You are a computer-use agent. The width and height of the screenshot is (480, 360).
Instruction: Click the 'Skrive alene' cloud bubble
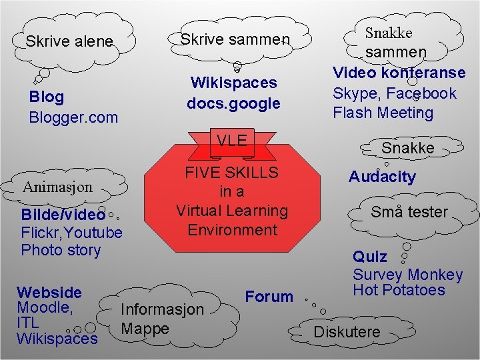69,41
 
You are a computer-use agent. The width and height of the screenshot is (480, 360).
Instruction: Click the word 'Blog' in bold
47,97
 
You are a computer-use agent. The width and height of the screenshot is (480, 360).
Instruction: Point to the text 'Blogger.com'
73,117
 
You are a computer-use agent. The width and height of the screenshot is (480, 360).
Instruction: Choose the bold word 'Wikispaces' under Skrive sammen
233,83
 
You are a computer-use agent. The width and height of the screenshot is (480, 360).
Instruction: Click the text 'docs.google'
233,103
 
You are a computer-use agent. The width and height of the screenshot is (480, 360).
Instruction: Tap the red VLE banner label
232,140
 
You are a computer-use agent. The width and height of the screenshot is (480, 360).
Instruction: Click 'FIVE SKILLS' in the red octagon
232,173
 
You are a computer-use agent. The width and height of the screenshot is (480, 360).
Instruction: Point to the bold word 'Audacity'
382,177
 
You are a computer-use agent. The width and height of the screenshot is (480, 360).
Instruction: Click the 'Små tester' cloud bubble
409,212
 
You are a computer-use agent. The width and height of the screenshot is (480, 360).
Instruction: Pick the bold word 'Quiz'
369,257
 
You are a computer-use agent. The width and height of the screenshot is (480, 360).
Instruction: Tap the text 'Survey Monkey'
407,274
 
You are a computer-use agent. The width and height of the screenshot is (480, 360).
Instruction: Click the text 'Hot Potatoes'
399,289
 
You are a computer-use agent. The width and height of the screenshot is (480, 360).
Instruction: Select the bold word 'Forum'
269,297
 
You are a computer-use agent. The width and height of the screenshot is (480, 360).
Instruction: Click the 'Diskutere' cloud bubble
347,331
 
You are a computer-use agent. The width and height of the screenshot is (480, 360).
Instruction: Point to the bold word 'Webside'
49,292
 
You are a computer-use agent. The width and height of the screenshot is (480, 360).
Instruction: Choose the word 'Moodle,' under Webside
44,307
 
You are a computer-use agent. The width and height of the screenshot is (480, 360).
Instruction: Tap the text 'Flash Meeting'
383,113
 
